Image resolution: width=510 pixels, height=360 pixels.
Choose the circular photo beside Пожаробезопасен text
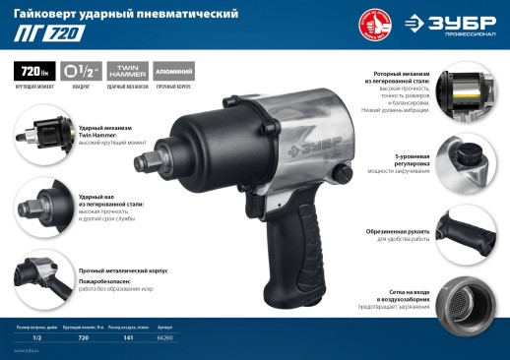tap(36, 272)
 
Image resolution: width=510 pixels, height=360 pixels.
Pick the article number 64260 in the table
tap(164, 337)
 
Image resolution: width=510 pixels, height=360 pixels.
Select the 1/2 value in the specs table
tap(36, 337)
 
